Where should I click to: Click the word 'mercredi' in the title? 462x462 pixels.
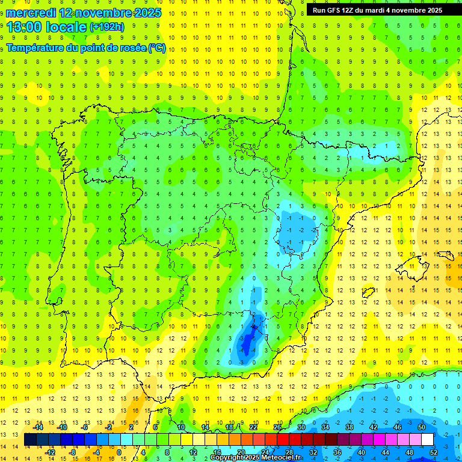(x=27, y=13)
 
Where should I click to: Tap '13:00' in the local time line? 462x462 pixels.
(x=24, y=27)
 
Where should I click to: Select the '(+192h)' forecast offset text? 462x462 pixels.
(x=107, y=27)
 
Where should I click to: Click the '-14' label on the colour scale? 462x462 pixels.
(x=38, y=427)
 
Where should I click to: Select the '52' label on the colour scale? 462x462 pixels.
(x=434, y=452)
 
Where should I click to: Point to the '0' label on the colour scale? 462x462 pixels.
(x=119, y=452)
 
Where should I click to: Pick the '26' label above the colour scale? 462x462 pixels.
(x=277, y=427)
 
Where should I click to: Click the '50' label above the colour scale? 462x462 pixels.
(x=422, y=427)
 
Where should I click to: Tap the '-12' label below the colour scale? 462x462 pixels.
(x=50, y=452)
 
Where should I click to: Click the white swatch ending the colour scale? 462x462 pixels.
(x=427, y=440)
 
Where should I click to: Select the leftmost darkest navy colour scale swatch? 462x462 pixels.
(x=30, y=440)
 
